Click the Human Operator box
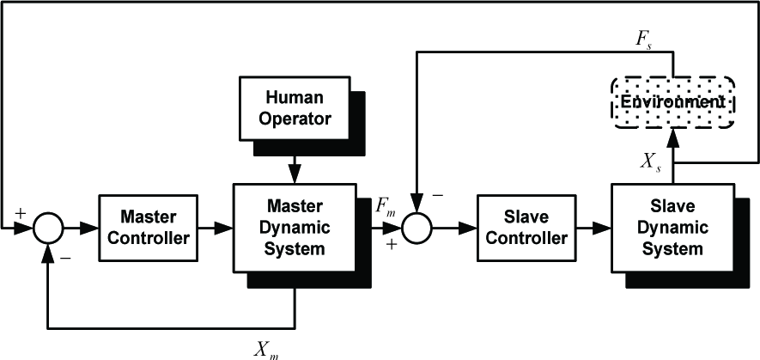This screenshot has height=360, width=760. [295, 108]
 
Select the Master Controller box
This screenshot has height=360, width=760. [148, 228]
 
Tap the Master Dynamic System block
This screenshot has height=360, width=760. [295, 228]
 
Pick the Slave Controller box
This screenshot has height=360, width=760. [526, 228]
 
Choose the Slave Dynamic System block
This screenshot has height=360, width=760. [672, 228]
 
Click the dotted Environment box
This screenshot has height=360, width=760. [672, 103]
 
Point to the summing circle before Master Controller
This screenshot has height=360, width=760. [48, 228]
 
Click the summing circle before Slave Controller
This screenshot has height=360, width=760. [416, 228]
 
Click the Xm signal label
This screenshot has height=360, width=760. [266, 350]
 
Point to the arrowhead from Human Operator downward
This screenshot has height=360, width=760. [295, 174]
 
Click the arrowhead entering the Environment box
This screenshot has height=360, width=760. [672, 139]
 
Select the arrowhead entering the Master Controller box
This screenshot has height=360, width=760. [89, 228]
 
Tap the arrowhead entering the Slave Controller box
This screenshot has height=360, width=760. [467, 228]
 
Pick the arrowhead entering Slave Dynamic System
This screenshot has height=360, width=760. [601, 228]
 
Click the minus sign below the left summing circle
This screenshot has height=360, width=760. [65, 258]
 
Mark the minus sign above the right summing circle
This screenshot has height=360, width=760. [437, 195]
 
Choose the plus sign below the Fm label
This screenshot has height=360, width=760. [392, 245]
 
